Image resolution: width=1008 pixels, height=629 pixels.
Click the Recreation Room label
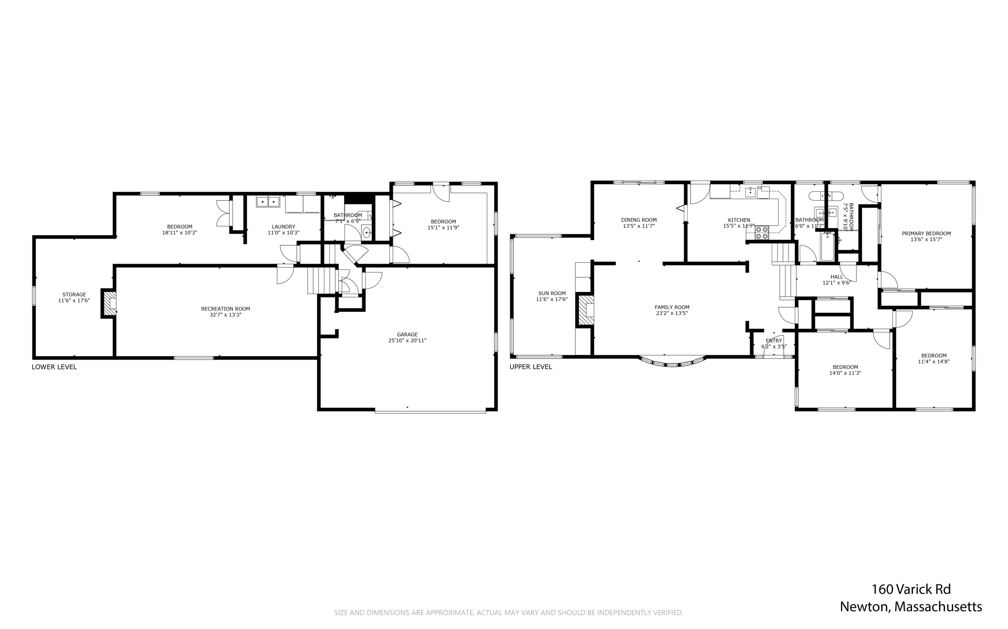(x=225, y=309)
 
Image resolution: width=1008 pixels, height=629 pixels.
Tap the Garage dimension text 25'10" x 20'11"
(x=407, y=340)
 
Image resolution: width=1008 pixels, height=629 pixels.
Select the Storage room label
(x=74, y=295)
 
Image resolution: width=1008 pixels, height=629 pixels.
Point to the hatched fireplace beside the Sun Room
(x=586, y=310)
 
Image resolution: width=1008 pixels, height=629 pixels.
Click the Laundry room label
(x=283, y=227)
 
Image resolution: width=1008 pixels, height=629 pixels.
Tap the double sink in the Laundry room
(x=268, y=201)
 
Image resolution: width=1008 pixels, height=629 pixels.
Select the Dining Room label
(x=638, y=220)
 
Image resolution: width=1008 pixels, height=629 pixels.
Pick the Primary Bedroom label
(x=926, y=234)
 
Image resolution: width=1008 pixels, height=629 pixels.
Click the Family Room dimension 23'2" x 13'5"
(x=672, y=313)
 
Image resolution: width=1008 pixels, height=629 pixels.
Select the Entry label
(x=774, y=341)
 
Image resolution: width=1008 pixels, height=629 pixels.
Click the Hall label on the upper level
(x=836, y=277)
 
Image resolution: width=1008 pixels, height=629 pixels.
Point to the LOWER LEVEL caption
(x=54, y=367)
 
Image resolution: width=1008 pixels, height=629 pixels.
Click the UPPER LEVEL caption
(x=531, y=367)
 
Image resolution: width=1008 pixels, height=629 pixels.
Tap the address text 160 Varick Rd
(x=911, y=589)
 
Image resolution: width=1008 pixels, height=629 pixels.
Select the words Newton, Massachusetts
(x=911, y=607)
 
